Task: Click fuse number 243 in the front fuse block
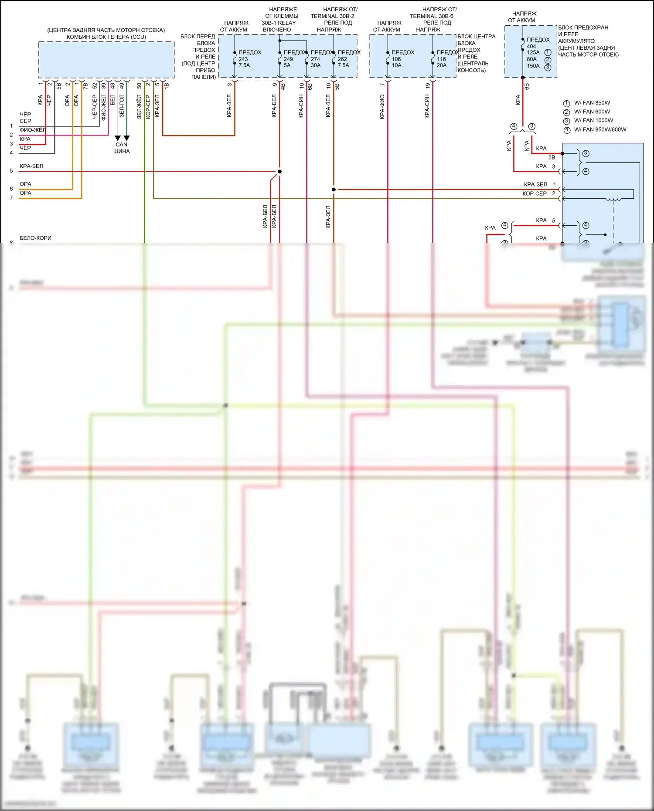click(x=243, y=59)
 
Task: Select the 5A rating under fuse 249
click(x=287, y=65)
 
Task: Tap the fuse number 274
click(x=315, y=59)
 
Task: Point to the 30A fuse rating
click(x=315, y=65)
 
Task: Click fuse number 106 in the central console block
click(x=396, y=59)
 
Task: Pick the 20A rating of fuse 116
click(x=442, y=65)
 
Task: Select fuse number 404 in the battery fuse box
click(x=531, y=46)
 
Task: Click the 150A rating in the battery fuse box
click(x=533, y=66)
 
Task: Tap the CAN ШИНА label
click(x=122, y=148)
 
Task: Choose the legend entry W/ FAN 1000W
click(x=593, y=121)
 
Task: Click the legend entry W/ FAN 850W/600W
click(x=600, y=129)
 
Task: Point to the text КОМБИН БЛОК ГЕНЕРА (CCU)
click(x=106, y=37)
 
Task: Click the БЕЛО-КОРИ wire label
click(x=35, y=238)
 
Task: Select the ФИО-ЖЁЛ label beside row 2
click(x=32, y=130)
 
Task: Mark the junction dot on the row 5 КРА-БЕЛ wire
click(x=279, y=171)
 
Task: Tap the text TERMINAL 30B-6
click(x=431, y=16)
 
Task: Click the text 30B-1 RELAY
click(x=279, y=23)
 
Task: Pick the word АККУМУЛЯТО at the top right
click(x=576, y=41)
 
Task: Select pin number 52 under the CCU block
click(x=95, y=86)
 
